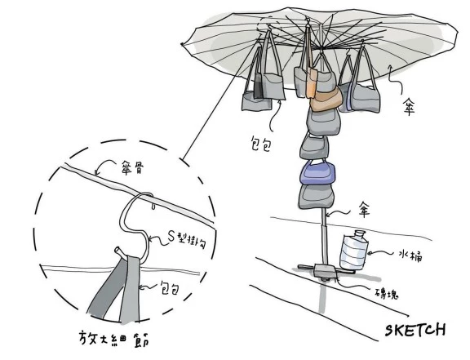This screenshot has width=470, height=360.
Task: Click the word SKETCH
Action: tap(415, 330)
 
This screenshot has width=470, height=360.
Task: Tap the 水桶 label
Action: tap(410, 256)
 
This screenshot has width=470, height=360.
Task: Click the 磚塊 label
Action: tap(387, 293)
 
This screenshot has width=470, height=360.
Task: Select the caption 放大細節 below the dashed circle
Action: tap(114, 340)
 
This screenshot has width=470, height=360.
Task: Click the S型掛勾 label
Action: tap(187, 240)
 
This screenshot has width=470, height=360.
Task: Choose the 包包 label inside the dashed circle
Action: tap(170, 289)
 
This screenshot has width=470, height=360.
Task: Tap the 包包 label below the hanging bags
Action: tap(260, 145)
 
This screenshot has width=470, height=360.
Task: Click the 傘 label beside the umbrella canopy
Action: tap(408, 107)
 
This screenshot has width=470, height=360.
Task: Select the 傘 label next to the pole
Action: tap(364, 210)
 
